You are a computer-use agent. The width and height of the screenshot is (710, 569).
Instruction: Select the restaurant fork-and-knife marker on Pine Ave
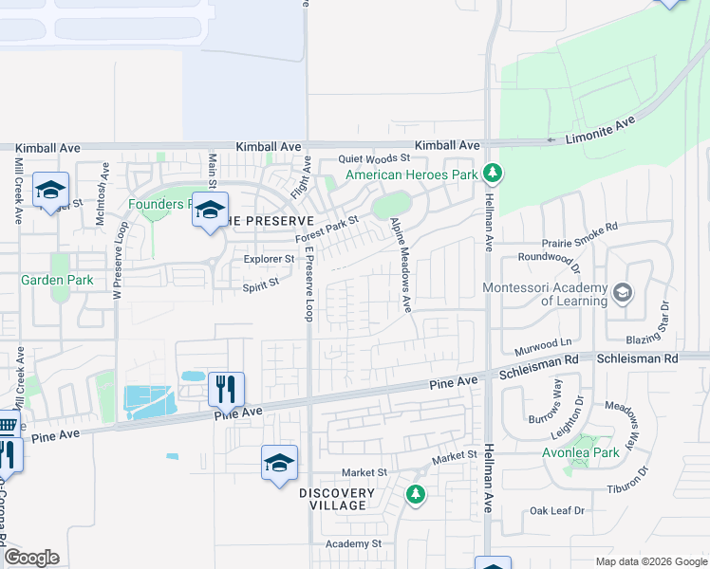pyautogui.click(x=226, y=389)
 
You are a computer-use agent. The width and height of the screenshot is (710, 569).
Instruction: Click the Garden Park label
pyautogui.click(x=57, y=281)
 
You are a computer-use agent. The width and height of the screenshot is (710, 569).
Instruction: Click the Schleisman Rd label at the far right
pyautogui.click(x=638, y=359)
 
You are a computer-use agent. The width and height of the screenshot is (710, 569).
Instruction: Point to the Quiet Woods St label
pyautogui.click(x=376, y=159)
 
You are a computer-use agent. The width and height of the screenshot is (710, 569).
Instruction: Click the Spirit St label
pyautogui.click(x=261, y=283)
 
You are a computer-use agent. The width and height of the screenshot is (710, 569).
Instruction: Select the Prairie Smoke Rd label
pyautogui.click(x=580, y=228)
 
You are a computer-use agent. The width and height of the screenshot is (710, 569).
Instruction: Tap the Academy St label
pyautogui.click(x=353, y=543)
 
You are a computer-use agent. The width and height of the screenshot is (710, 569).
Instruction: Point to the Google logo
pyautogui.click(x=31, y=558)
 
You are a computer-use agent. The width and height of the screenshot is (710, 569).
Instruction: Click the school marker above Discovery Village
pyautogui.click(x=279, y=463)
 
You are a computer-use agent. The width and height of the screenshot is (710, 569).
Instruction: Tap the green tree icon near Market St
pyautogui.click(x=415, y=493)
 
